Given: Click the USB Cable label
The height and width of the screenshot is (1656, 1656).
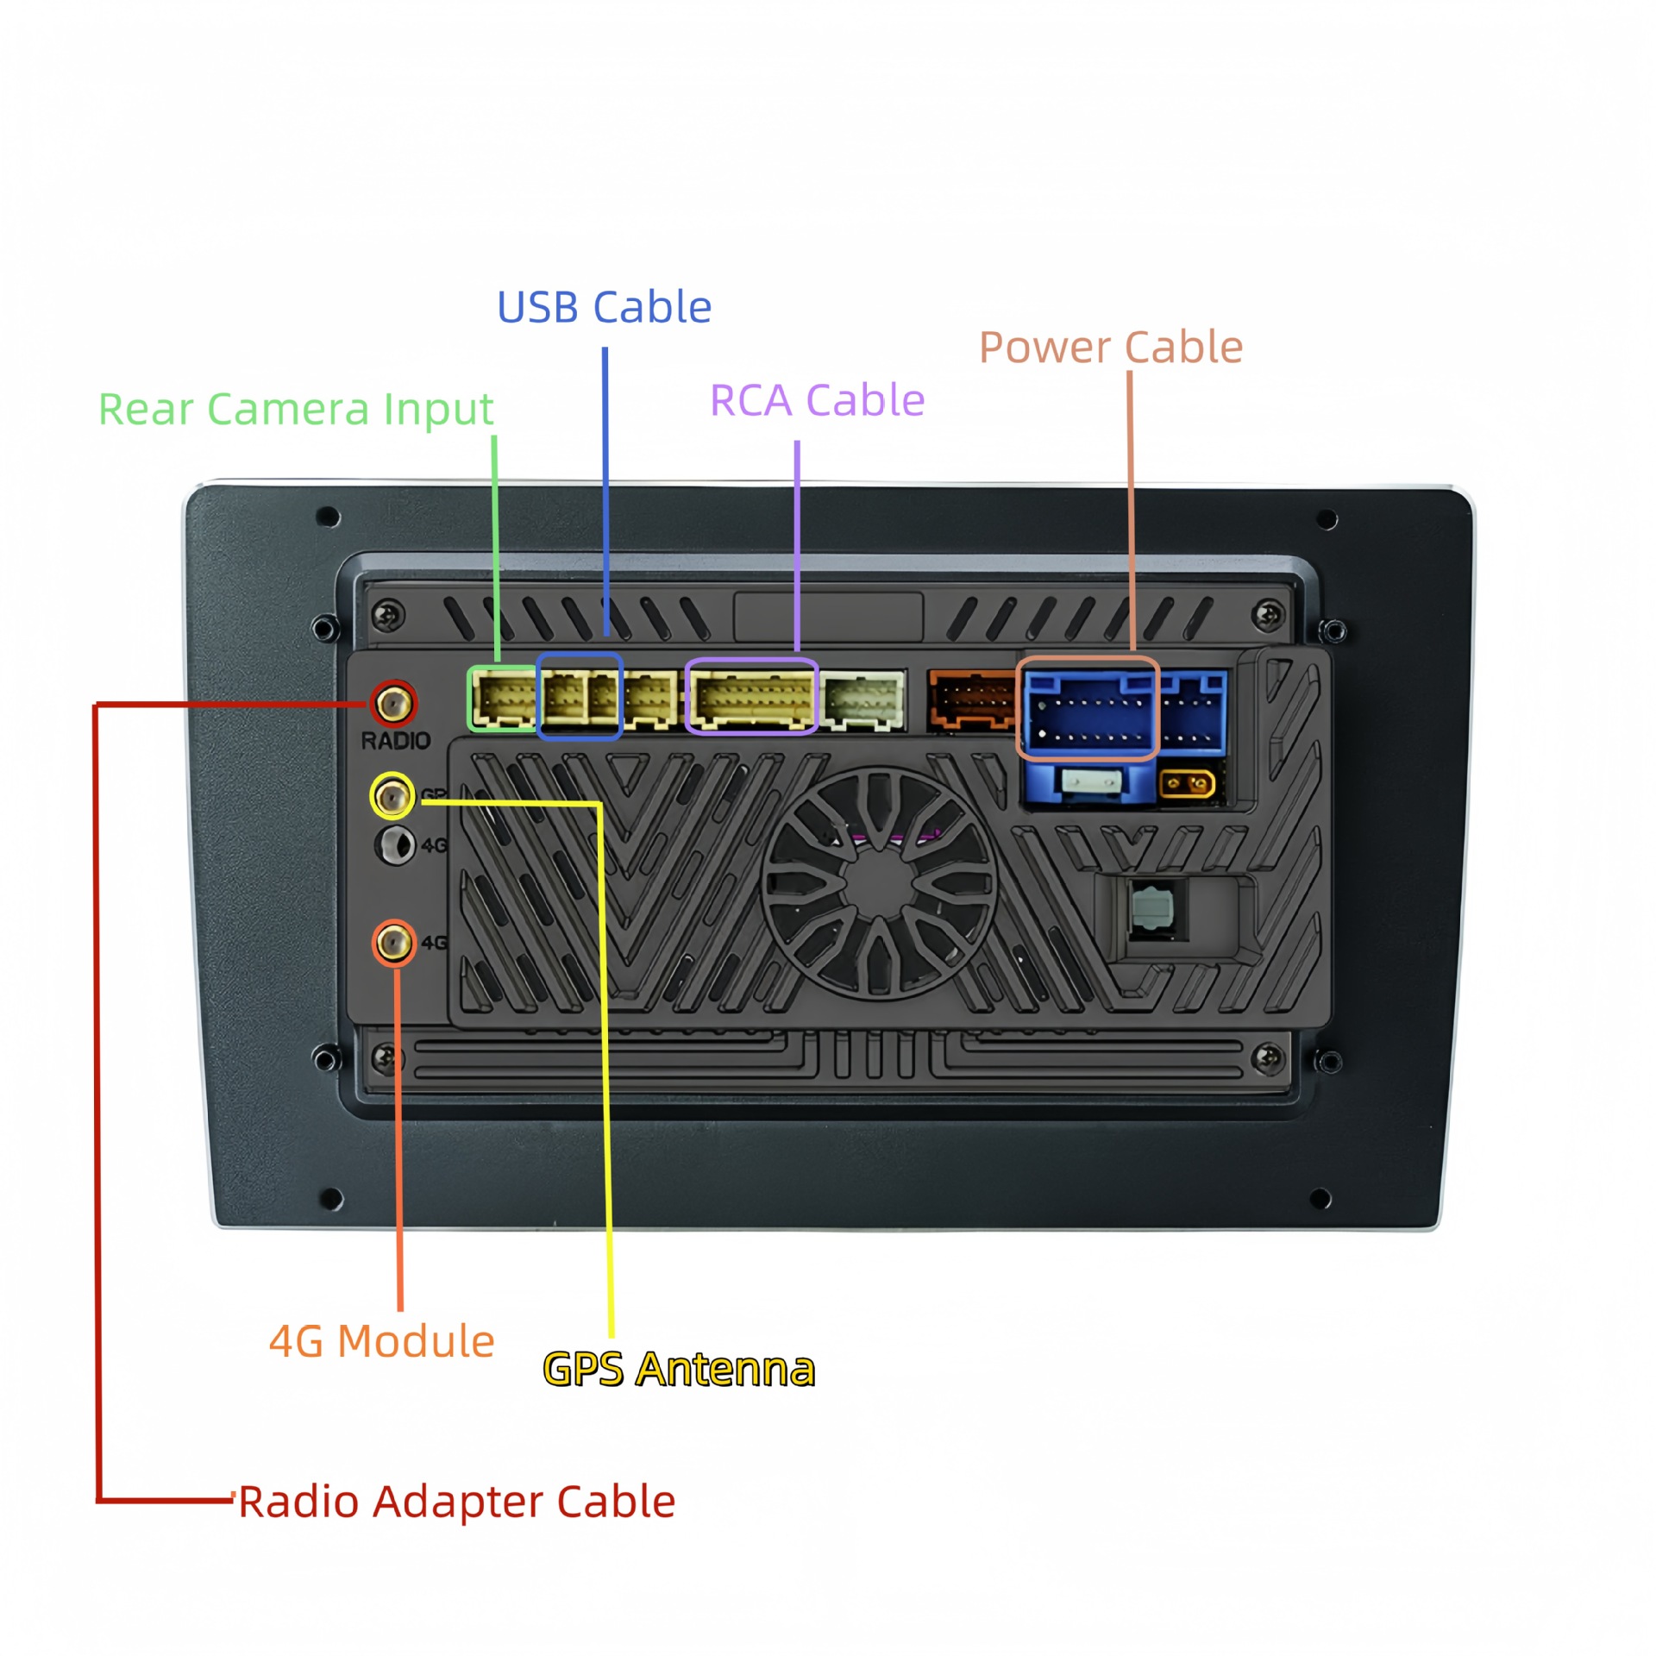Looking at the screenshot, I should click(604, 308).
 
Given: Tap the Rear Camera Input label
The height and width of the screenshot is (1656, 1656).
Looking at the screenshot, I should click(295, 409).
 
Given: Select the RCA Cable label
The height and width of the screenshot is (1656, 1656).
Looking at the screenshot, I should click(817, 400).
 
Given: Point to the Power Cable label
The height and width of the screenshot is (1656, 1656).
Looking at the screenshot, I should click(1110, 348).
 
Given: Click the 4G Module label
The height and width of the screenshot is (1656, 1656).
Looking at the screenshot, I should click(381, 1341).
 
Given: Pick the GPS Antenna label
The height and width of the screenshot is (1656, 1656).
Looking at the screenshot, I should click(679, 1370).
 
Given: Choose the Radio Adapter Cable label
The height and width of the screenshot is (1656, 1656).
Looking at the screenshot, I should click(456, 1502).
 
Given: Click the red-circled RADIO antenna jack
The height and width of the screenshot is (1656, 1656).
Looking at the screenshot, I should click(394, 704).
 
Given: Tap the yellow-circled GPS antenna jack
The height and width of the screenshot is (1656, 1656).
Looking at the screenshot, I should click(392, 795).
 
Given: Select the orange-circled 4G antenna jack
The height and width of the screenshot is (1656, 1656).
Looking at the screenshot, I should click(394, 943).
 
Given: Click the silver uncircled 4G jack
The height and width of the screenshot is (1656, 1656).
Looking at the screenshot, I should click(396, 844).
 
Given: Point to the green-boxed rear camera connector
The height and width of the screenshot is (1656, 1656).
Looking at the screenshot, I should click(503, 699).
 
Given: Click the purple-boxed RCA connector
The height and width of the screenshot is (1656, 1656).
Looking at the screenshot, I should click(751, 697).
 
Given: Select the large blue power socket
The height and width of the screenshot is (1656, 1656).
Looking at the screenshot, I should click(1088, 709).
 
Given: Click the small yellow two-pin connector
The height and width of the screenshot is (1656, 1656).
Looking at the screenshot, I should click(1187, 785).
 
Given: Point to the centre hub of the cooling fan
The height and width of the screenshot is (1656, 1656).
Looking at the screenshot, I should click(879, 883).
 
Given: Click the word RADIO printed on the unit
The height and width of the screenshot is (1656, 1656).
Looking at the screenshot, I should click(395, 741).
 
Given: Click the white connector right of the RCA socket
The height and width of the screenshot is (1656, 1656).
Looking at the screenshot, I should click(862, 699).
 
